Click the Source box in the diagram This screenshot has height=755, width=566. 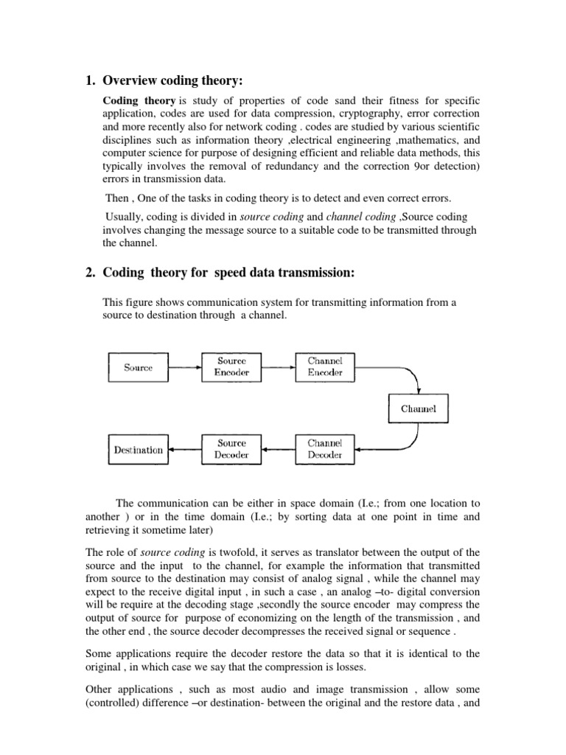pyautogui.click(x=139, y=367)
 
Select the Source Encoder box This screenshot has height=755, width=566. pyautogui.click(x=231, y=367)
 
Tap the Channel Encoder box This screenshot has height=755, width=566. pyautogui.click(x=324, y=367)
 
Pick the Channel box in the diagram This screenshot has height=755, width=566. pyautogui.click(x=419, y=408)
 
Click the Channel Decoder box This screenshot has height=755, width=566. pyautogui.click(x=324, y=449)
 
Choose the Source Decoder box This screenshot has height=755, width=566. pyautogui.click(x=231, y=449)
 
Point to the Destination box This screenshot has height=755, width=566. pyautogui.click(x=139, y=449)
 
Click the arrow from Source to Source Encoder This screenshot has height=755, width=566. pyautogui.click(x=185, y=367)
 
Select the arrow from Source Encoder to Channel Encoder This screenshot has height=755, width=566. pyautogui.click(x=278, y=367)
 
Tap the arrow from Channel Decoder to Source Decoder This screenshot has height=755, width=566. pyautogui.click(x=278, y=449)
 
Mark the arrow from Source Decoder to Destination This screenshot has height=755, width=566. pyautogui.click(x=185, y=449)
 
